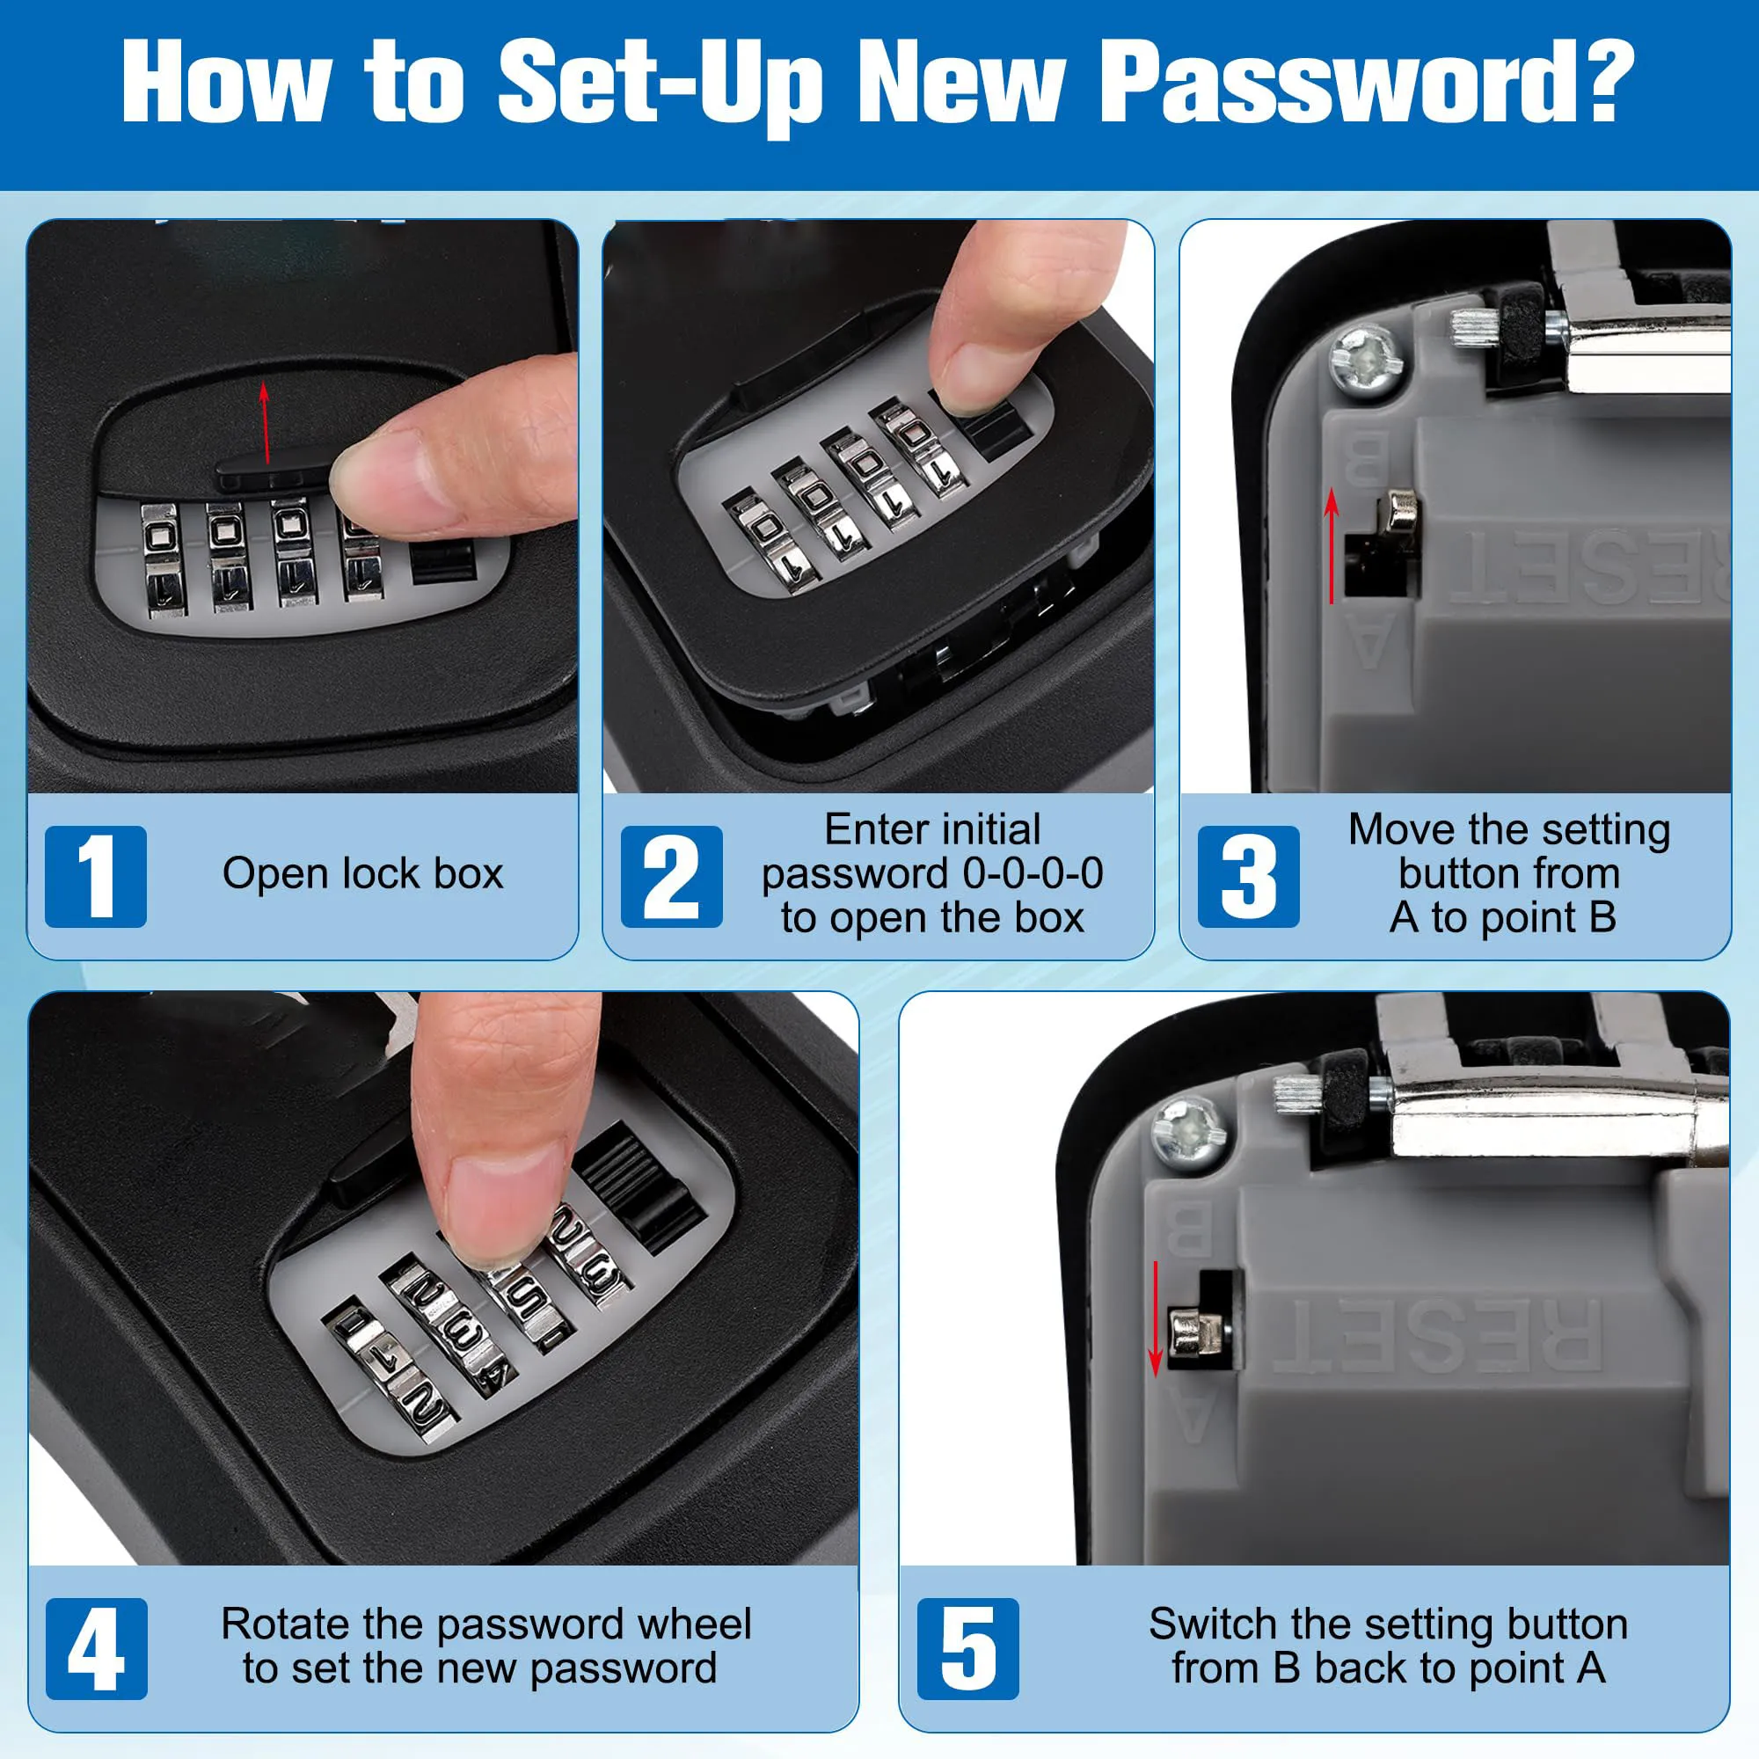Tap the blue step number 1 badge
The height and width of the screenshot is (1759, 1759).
pos(96,877)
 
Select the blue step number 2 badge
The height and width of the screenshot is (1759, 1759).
pos(671,877)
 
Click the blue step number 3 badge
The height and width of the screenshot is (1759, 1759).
pos(1248,877)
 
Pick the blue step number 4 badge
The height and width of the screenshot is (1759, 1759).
pos(96,1649)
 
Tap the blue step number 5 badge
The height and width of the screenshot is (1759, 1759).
pos(967,1649)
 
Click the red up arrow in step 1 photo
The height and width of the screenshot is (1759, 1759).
pos(265,423)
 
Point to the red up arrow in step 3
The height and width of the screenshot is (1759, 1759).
pos(1331,546)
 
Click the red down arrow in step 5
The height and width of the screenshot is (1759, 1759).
pos(1156,1319)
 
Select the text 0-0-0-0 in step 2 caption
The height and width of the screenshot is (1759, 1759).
pos(1033,874)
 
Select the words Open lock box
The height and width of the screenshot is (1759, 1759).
pos(362,874)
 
